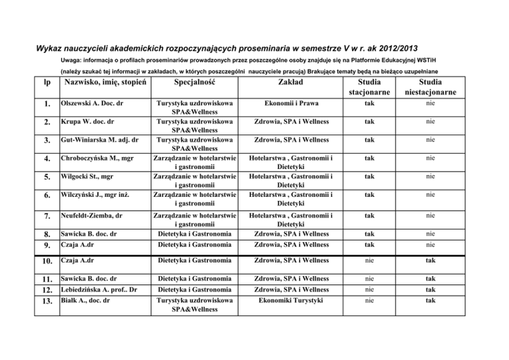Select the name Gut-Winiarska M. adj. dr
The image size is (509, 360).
point(99,141)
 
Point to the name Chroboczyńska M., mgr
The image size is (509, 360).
point(99,158)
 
